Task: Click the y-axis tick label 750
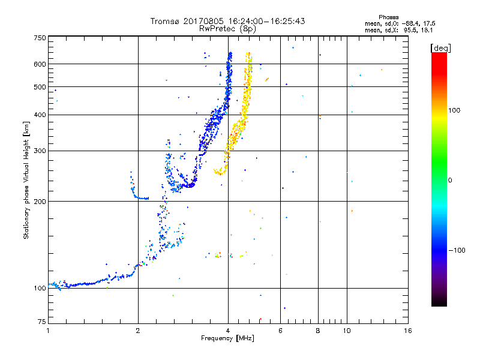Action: click(40, 38)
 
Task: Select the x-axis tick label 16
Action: click(408, 331)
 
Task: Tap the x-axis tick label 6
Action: click(280, 331)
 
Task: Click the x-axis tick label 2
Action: click(138, 331)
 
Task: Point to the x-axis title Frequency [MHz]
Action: click(228, 339)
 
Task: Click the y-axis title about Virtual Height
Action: click(26, 180)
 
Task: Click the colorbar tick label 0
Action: click(451, 180)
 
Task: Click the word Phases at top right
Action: click(389, 17)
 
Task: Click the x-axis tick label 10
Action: click(347, 331)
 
